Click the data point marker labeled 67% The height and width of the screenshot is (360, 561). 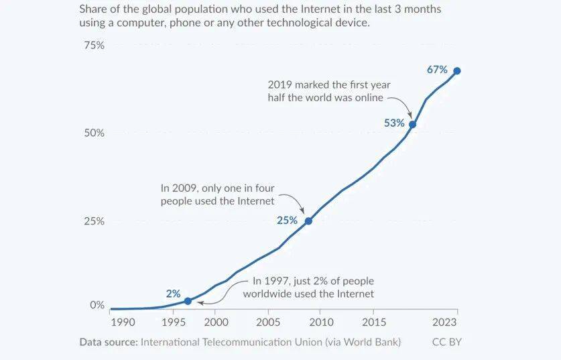point(457,71)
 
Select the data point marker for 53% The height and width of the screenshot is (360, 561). point(413,124)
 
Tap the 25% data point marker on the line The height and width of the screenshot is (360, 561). point(308,221)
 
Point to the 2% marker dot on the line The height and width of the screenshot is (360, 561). point(188,301)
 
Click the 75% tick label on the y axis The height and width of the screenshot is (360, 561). point(93,46)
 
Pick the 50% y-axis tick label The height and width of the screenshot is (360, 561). point(93,133)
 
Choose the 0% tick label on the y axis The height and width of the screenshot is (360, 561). point(97,305)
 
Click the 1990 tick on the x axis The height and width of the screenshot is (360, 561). point(123,322)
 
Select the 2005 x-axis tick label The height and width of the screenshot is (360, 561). point(268,322)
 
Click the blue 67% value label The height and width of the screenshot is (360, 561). point(437,70)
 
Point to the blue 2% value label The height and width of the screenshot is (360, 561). point(174,293)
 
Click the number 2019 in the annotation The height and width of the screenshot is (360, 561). point(280,85)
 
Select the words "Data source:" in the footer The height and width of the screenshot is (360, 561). point(108,342)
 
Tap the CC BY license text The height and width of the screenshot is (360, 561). point(447,342)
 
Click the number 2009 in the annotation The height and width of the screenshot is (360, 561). point(189,188)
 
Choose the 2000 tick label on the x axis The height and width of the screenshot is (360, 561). point(214,322)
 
